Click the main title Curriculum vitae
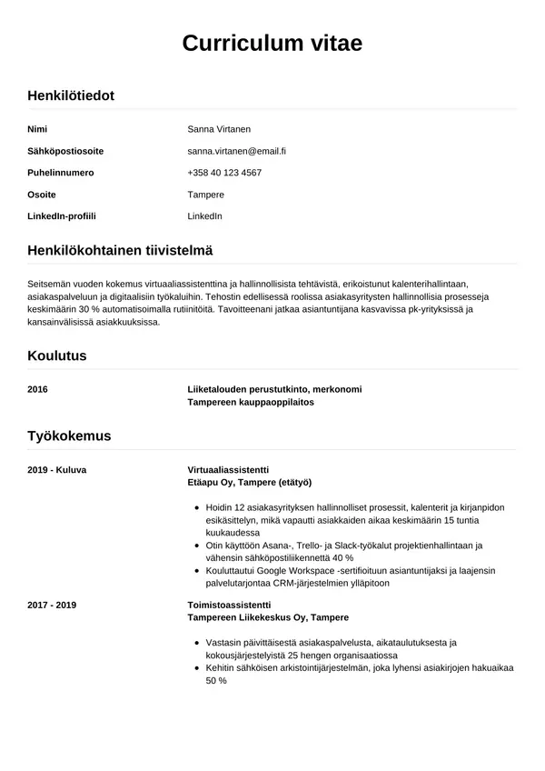click(x=272, y=43)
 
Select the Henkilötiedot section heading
click(x=71, y=95)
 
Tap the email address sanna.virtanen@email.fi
click(x=236, y=151)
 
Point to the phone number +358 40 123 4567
click(x=224, y=173)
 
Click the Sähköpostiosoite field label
click(x=65, y=151)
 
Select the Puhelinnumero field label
click(x=61, y=173)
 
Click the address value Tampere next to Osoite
click(x=205, y=195)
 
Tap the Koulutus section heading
click(x=57, y=355)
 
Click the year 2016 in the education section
click(x=38, y=389)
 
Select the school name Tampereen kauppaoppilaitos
click(x=251, y=402)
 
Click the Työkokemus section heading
click(x=69, y=436)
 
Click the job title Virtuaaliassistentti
click(x=228, y=469)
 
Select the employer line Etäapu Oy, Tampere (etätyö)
click(x=249, y=482)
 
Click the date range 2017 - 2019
click(x=52, y=605)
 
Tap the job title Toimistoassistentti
click(x=229, y=605)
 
